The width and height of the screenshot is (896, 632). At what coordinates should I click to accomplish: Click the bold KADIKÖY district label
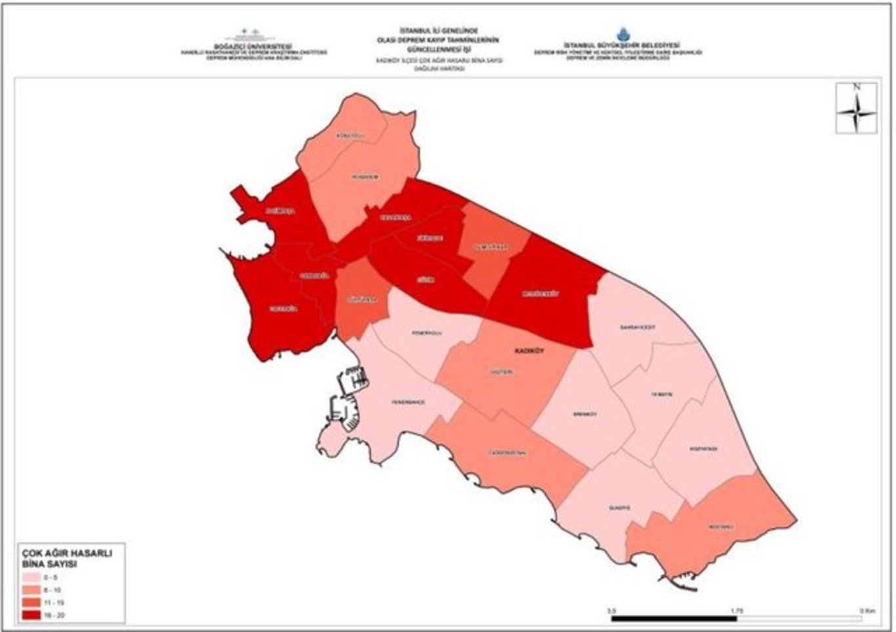529,351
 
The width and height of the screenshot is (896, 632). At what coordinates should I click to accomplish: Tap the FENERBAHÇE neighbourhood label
409,402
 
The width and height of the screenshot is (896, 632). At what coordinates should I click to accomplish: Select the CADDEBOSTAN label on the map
507,453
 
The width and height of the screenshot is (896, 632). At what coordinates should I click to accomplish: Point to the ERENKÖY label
584,414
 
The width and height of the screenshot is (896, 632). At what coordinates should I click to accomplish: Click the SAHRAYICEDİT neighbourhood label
638,327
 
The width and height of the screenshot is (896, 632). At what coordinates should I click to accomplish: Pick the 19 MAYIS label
661,394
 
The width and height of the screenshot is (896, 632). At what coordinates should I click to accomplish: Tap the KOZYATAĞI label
703,449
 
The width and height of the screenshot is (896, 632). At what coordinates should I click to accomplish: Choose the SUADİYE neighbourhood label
619,508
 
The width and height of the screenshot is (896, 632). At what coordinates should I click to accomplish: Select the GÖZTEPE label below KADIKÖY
502,372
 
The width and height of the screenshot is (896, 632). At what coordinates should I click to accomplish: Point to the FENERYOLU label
427,333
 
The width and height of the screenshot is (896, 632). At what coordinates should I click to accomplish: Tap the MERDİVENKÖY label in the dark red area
540,294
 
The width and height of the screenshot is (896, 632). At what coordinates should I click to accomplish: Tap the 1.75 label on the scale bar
737,610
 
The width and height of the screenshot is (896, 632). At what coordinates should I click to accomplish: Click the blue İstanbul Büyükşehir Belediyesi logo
621,34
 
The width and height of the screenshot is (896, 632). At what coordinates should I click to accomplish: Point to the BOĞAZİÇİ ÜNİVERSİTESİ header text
253,47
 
